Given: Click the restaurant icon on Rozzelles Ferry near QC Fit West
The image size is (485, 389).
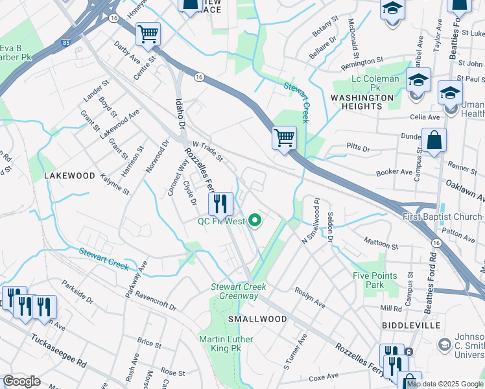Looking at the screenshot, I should coord(220,204).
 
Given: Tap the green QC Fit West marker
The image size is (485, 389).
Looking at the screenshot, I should coord(255,222).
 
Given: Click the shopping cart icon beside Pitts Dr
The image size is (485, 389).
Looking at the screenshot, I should coord(284,138).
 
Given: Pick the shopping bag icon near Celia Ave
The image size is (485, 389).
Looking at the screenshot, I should coord(434,140).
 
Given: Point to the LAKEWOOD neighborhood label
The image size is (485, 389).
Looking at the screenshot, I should coord(69,176).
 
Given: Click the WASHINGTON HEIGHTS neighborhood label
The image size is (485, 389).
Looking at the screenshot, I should coord(362,102).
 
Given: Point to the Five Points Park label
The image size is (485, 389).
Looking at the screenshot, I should coord(374,280).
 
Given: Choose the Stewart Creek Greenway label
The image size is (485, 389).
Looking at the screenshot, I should coord(234,291).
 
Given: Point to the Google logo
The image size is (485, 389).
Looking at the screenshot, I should coord(21,381).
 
